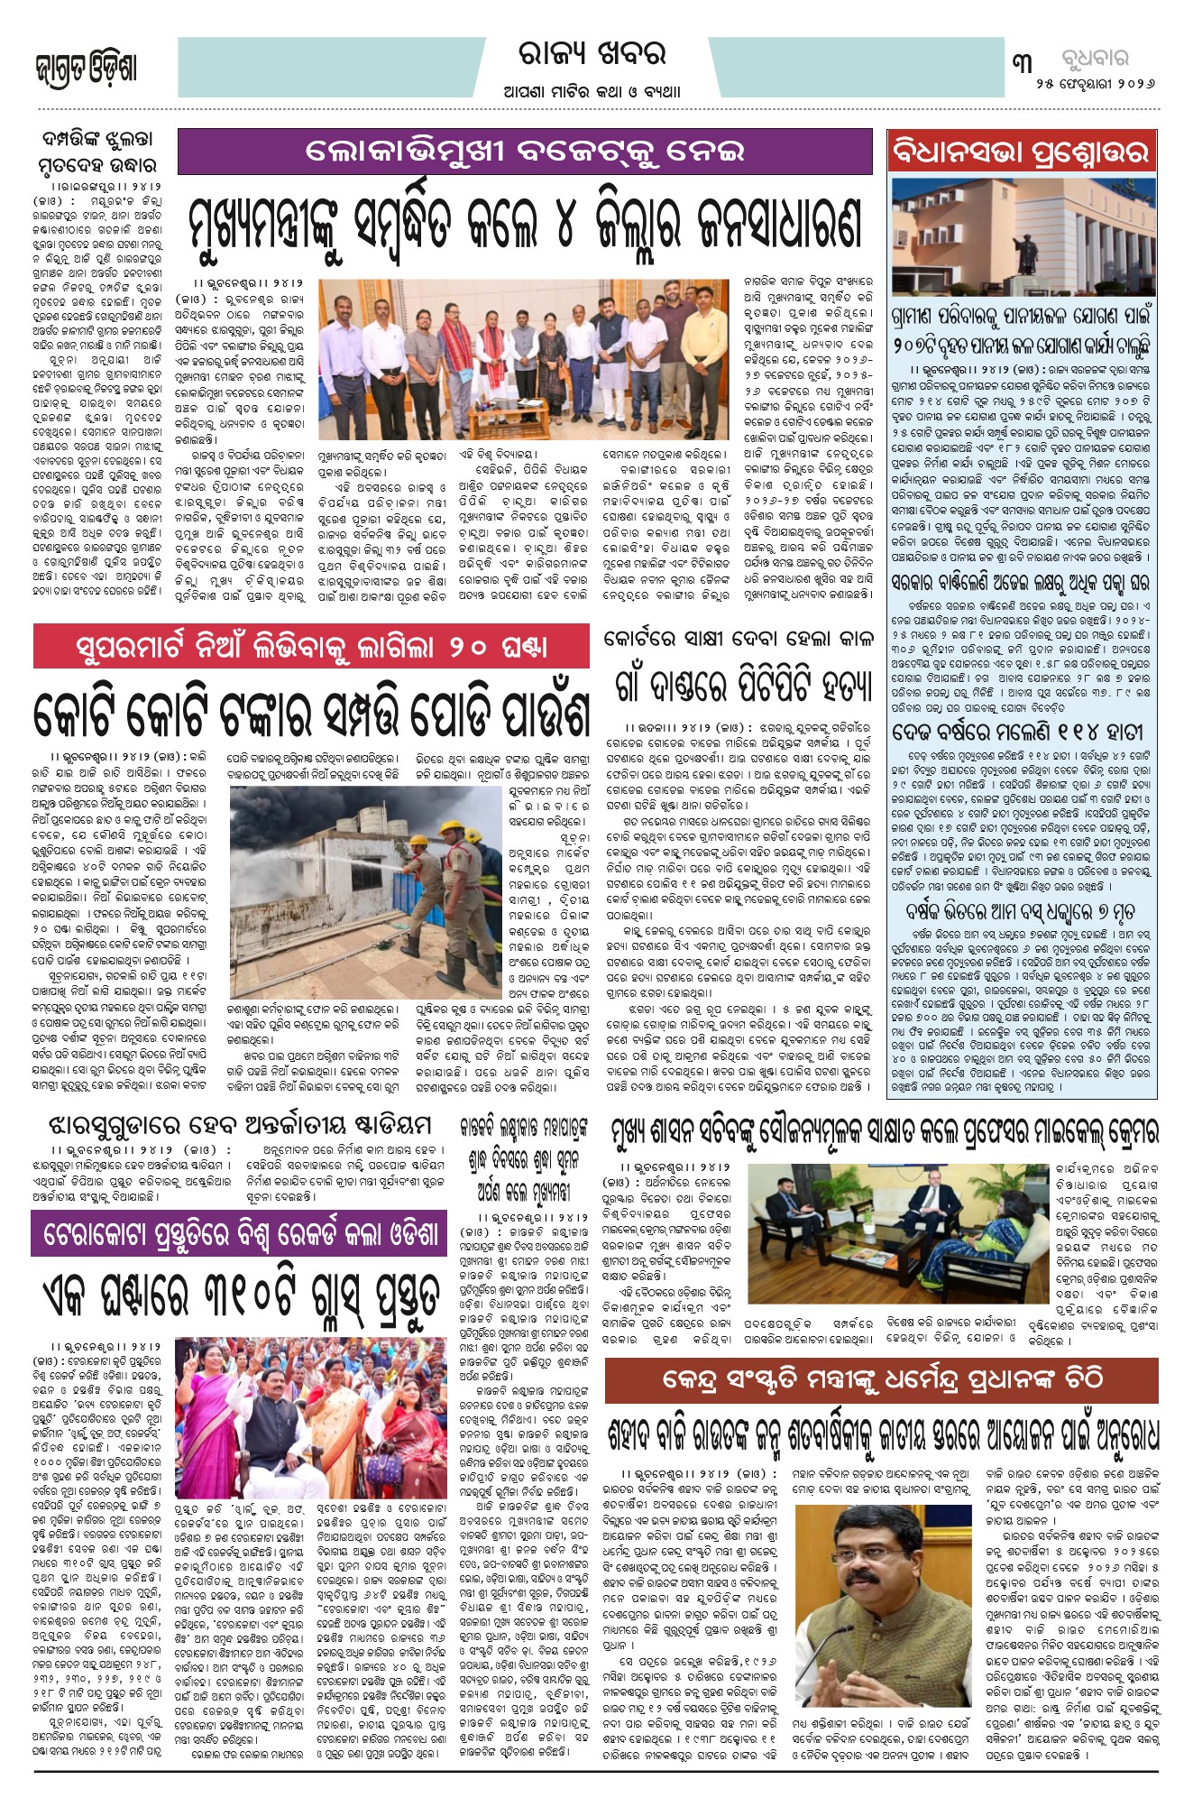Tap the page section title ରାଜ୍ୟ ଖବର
tap(592, 54)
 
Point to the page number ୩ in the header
tap(1023, 63)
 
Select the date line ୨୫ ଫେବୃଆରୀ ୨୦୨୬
tap(1095, 84)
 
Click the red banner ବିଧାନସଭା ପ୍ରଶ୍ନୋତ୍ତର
tap(1022, 152)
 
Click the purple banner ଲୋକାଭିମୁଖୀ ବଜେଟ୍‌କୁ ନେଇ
tap(525, 152)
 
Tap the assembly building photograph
tap(1022, 236)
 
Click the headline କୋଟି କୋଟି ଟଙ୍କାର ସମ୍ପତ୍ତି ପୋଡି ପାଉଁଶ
tap(311, 711)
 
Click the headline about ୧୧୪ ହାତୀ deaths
tap(1017, 730)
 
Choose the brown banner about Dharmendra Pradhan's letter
tap(881, 1378)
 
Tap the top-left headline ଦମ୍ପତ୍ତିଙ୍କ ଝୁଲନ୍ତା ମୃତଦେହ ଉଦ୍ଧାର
tap(98, 152)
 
